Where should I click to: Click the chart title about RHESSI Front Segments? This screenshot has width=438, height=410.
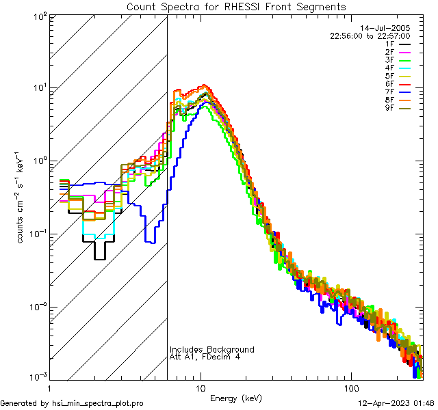[236, 6]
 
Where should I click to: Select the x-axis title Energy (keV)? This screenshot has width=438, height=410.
[236, 398]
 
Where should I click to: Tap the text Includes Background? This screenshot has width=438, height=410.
[212, 350]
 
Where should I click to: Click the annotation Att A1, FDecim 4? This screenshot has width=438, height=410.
[205, 357]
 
